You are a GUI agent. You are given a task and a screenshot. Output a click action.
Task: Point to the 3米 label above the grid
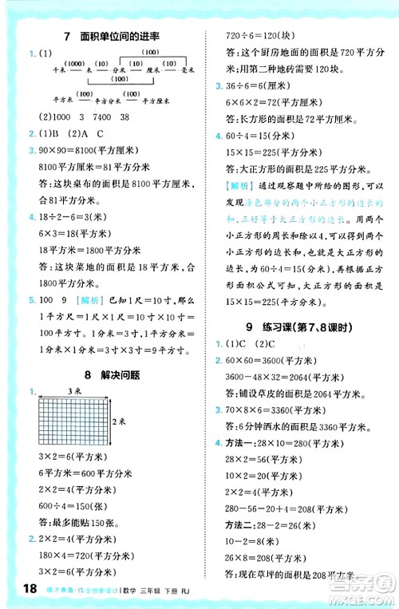[73, 393]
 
